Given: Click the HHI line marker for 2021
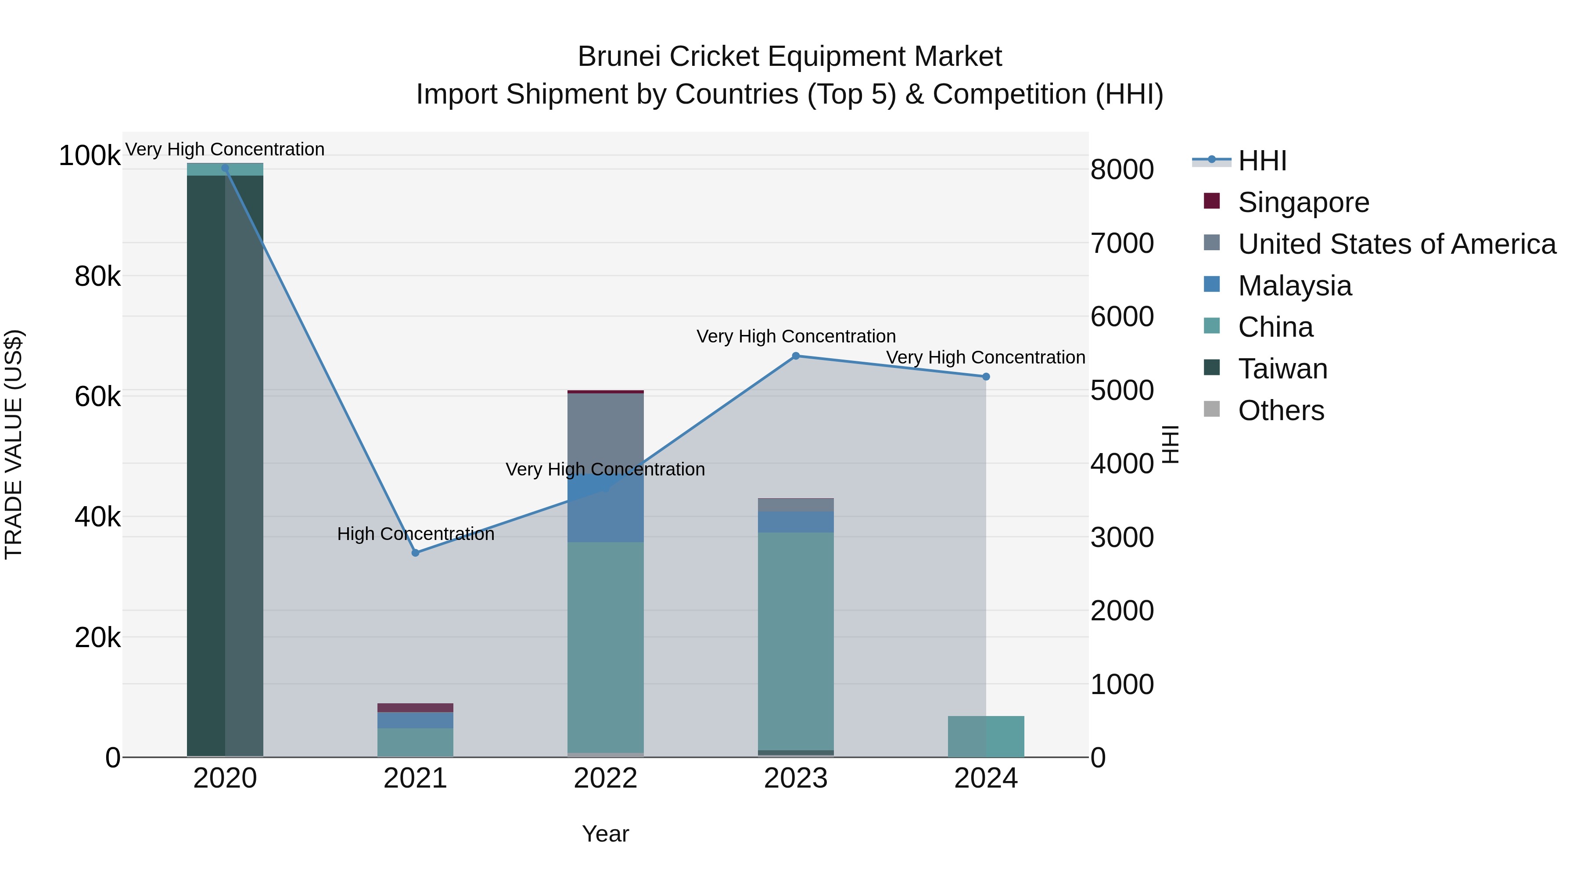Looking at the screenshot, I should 415,553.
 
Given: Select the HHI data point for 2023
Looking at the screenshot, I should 796,356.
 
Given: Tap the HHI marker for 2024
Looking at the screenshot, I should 986,377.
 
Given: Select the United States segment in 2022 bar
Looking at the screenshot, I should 605,429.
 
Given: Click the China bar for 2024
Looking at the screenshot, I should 986,736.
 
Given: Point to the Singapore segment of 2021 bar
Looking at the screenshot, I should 415,707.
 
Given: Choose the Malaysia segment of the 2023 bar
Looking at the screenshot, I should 796,522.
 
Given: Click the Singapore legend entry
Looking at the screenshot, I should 1303,202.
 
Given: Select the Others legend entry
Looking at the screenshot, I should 1281,410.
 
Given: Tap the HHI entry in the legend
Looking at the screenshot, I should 1262,161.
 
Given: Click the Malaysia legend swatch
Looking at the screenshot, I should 1211,284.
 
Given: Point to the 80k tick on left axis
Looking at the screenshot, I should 97,277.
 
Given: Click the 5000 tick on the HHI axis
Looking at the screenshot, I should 1122,390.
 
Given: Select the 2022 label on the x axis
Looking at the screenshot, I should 605,778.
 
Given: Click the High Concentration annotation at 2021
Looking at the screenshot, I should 415,534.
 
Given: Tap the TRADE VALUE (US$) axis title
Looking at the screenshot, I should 14,444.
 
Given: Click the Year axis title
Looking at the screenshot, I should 605,834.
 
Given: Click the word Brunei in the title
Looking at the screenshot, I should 619,57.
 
